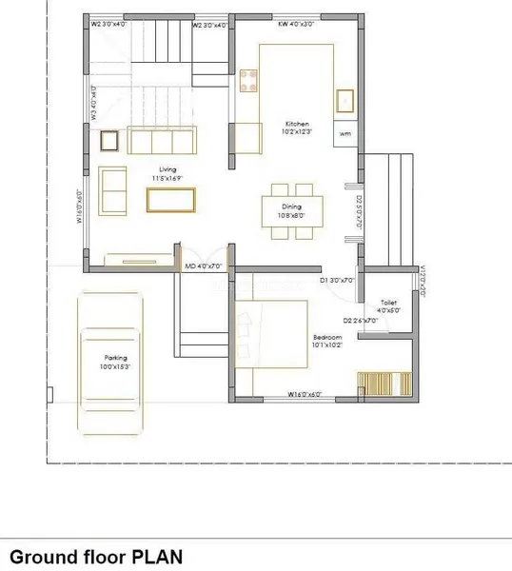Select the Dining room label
pyautogui.click(x=291, y=207)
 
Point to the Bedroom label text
pyautogui.click(x=328, y=338)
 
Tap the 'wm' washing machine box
pyautogui.click(x=344, y=135)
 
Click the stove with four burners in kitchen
pyautogui.click(x=250, y=81)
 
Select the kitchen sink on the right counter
pyautogui.click(x=344, y=100)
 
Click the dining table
pyautogui.click(x=292, y=210)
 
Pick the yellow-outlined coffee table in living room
pyautogui.click(x=170, y=199)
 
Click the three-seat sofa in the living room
pyautogui.click(x=159, y=141)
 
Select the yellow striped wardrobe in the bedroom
pyautogui.click(x=375, y=384)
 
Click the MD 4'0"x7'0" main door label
pyautogui.click(x=203, y=266)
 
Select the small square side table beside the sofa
pyautogui.click(x=111, y=141)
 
